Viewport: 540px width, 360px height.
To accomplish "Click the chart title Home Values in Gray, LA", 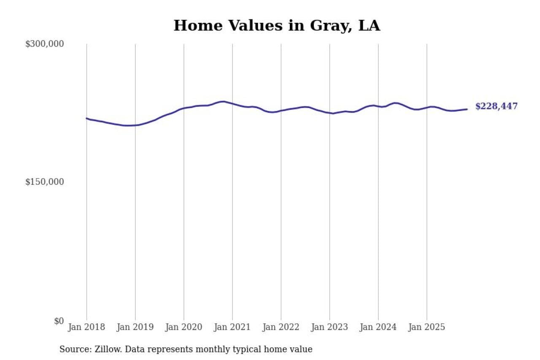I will click(x=277, y=26).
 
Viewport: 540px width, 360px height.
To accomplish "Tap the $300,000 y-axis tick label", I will click(x=45, y=44).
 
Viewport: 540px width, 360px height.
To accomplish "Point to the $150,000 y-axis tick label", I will click(x=45, y=182).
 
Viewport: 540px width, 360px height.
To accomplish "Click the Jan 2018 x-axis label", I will click(x=86, y=328).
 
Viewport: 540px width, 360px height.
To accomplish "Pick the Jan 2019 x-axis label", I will click(x=135, y=328).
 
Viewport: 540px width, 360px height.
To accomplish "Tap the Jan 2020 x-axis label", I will click(x=184, y=328).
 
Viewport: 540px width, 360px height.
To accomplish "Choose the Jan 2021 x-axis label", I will click(x=232, y=328).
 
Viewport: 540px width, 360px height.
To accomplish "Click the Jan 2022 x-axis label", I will click(x=281, y=328).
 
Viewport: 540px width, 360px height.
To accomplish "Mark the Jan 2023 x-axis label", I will click(x=329, y=328).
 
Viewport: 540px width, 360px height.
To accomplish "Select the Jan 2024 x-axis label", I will click(x=378, y=328).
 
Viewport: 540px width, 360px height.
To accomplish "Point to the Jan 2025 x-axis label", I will click(x=427, y=328).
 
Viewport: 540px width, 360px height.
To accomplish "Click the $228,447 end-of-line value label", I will click(x=496, y=106).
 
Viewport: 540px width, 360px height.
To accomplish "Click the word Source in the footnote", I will click(x=72, y=349).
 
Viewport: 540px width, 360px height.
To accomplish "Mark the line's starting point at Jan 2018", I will click(x=87, y=118).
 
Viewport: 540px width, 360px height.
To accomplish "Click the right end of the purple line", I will click(x=467, y=109).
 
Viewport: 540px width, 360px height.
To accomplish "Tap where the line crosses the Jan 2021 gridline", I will click(x=232, y=103).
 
